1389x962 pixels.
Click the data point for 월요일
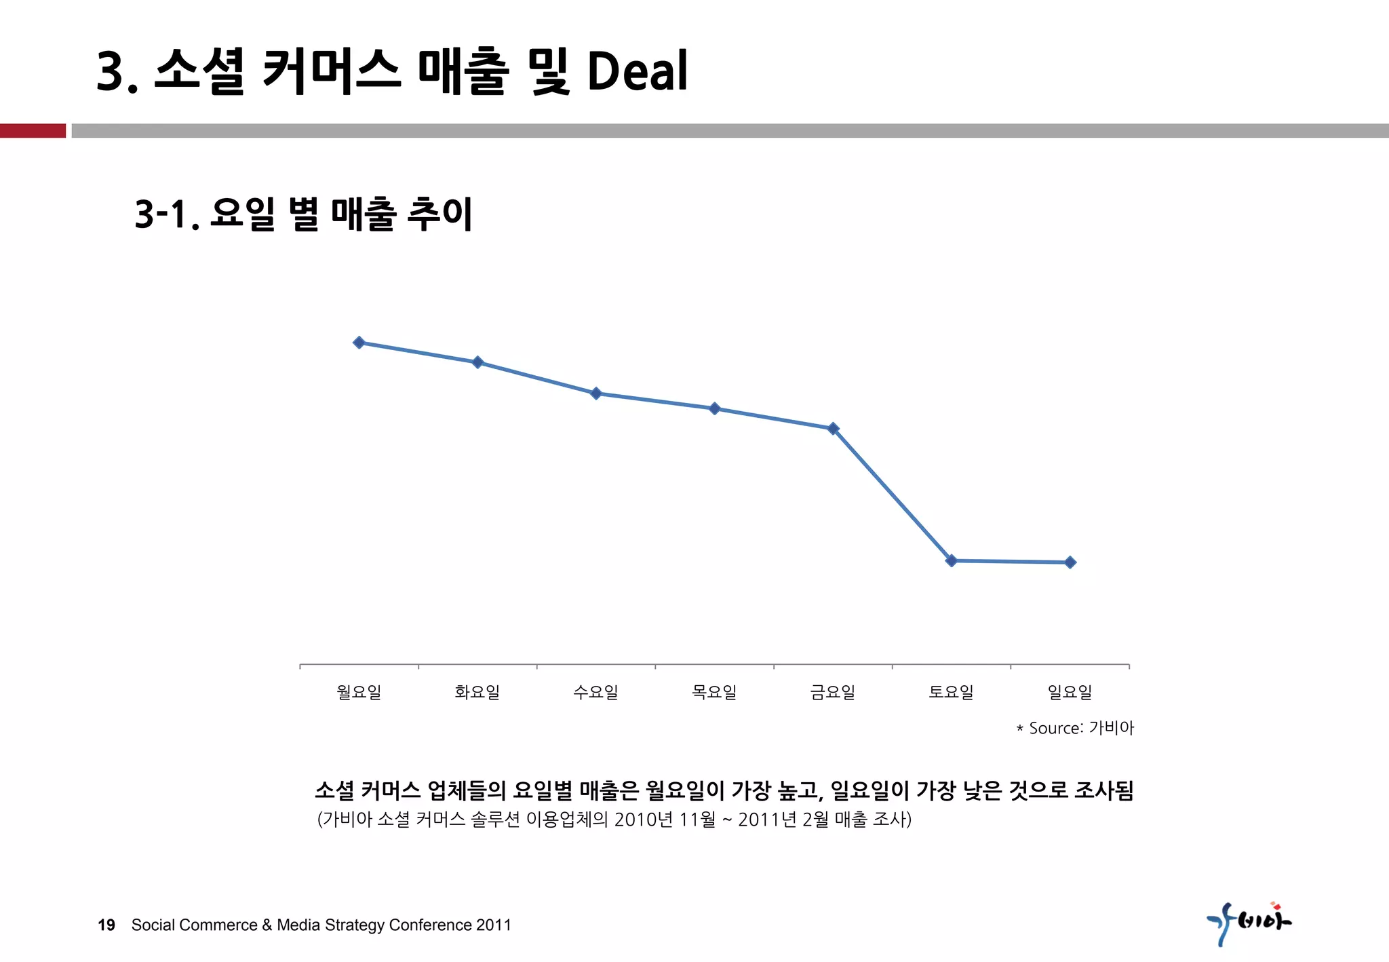[359, 343]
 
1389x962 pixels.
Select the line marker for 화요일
[477, 362]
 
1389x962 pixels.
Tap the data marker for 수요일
[596, 393]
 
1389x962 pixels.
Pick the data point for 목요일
[714, 408]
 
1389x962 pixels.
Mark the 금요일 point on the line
[834, 429]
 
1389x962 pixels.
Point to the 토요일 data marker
[951, 560]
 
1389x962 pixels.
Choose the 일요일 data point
[1070, 562]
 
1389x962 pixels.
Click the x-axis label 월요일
[359, 692]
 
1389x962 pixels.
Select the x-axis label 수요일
[596, 692]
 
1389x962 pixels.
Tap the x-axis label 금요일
[833, 692]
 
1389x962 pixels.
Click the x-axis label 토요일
[951, 692]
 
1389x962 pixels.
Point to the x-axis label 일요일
[1070, 692]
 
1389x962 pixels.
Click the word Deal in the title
[637, 71]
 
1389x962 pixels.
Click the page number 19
[106, 925]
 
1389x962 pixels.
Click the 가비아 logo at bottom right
[1249, 923]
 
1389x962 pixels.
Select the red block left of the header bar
[33, 130]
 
